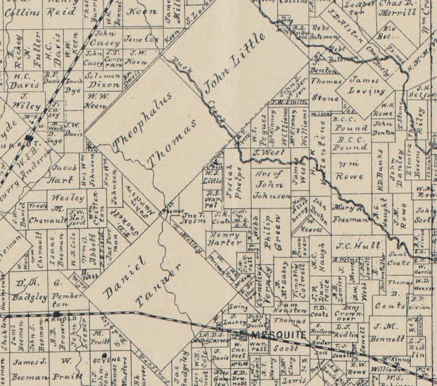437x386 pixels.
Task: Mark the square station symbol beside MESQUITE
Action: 243,335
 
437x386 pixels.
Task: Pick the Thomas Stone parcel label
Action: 326,89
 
